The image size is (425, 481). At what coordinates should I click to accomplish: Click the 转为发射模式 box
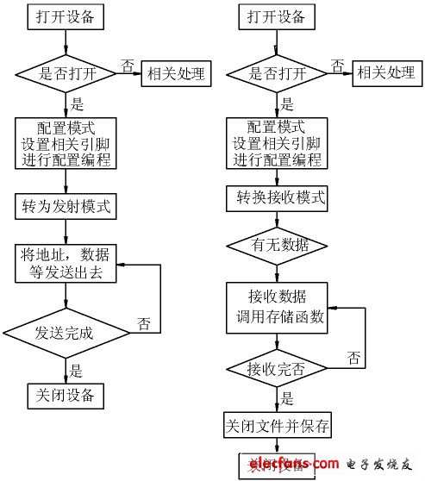click(66, 207)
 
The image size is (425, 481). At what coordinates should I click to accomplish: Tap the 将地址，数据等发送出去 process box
click(66, 262)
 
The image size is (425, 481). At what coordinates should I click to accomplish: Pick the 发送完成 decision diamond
click(66, 331)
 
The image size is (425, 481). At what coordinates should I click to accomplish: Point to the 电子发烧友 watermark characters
click(379, 466)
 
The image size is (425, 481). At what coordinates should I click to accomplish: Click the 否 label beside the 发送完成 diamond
click(145, 324)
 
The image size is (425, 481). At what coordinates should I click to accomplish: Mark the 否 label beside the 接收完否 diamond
click(353, 357)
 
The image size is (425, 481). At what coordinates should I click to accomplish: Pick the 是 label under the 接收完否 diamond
click(286, 399)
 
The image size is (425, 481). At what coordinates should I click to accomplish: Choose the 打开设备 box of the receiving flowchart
click(276, 17)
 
